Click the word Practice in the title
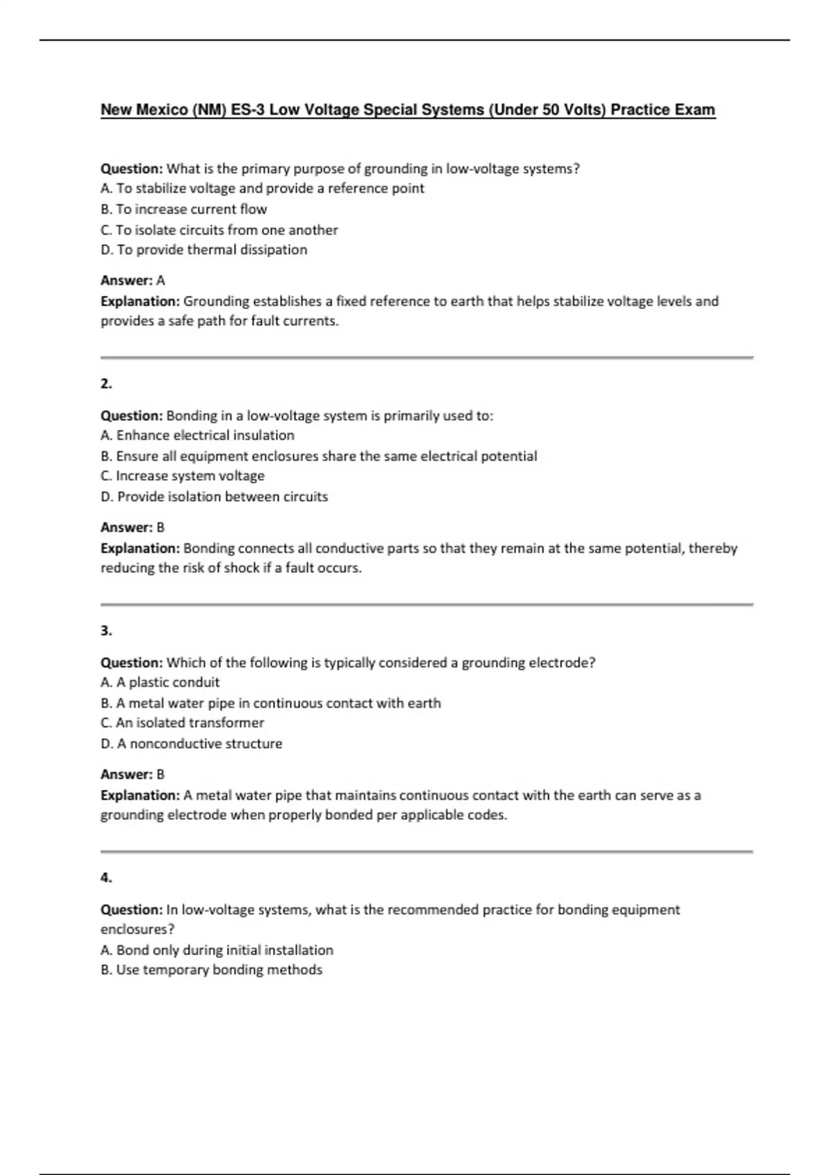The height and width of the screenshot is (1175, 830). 640,110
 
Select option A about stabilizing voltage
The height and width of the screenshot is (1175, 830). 262,189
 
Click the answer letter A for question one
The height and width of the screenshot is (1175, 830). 160,281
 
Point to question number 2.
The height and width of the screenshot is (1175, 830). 106,384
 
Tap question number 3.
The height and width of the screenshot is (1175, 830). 106,630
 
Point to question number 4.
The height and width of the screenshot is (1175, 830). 106,878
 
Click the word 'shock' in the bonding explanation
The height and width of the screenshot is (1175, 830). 241,568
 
